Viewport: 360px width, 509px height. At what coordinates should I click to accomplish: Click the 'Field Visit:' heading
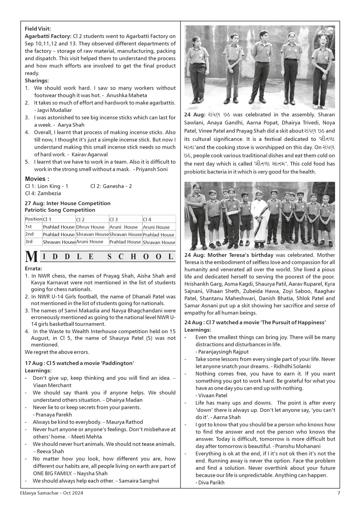[x=38, y=29]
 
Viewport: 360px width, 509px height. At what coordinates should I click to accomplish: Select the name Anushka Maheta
[x=127, y=95]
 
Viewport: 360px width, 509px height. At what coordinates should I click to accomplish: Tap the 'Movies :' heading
[x=37, y=179]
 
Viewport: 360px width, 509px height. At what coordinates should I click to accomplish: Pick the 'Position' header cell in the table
[x=33, y=219]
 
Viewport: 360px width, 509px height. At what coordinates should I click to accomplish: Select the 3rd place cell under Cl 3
[x=125, y=242]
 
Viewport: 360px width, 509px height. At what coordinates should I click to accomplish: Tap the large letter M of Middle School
[x=32, y=256]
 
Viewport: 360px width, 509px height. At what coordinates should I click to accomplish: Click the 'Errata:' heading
[x=34, y=268]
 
